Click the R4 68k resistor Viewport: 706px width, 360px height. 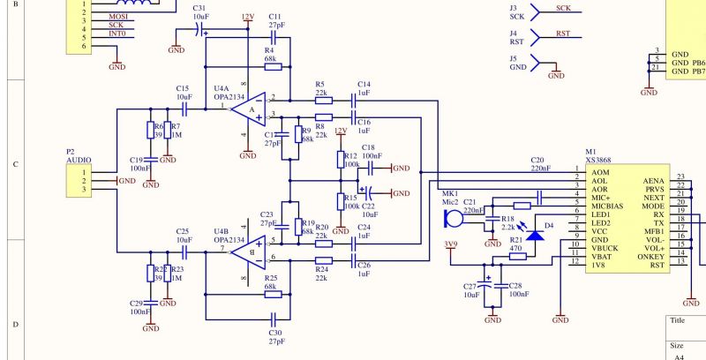[272, 66]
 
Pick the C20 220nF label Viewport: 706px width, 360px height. [540, 162]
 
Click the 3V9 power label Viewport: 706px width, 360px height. [451, 244]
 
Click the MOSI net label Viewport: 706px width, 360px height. [116, 16]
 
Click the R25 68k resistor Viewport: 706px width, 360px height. [272, 290]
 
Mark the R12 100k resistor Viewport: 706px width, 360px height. [341, 159]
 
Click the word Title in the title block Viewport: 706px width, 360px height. [678, 321]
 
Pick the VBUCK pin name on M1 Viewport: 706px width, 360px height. [605, 247]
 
